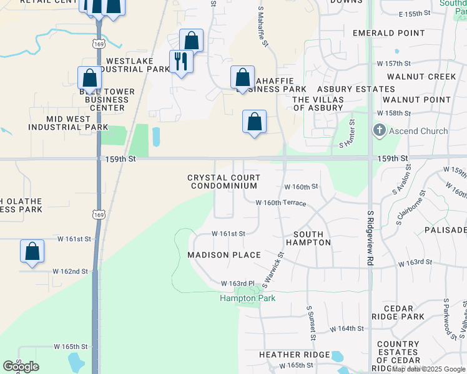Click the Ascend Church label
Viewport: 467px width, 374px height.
418,131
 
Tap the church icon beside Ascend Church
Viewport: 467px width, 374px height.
379,131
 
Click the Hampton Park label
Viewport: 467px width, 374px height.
247,298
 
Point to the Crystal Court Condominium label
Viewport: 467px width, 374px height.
224,182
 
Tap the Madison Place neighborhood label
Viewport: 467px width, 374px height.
224,255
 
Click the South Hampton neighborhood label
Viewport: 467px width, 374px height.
308,238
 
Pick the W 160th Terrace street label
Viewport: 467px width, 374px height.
280,203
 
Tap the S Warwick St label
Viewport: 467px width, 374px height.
273,269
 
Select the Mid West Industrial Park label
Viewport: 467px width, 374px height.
68,123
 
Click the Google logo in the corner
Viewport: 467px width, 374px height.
21,367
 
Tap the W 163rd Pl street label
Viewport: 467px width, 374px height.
238,284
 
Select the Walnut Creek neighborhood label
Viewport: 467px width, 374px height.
421,77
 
